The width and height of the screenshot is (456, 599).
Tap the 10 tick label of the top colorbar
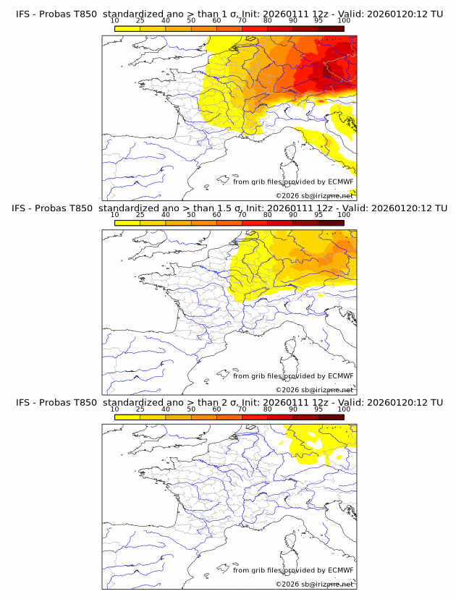click(x=115, y=20)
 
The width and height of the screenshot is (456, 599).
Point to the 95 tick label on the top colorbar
click(x=318, y=20)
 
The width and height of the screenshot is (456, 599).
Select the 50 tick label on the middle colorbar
click(x=191, y=214)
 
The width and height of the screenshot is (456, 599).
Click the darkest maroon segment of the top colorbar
click(x=331, y=27)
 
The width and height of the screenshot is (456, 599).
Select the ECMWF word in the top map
click(x=340, y=182)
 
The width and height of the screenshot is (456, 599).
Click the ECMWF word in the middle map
click(x=340, y=376)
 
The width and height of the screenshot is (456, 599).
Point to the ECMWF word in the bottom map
click(x=340, y=570)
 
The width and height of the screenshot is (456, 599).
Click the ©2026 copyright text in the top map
click(x=287, y=195)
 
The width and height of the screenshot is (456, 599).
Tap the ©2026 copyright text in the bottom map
click(x=287, y=584)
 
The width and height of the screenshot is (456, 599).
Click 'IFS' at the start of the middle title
click(x=23, y=208)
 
